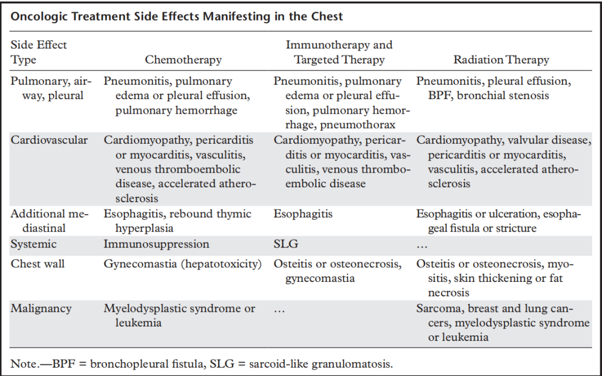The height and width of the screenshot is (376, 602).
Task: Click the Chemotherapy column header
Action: click(x=183, y=60)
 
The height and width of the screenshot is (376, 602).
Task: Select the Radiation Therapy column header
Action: click(x=501, y=60)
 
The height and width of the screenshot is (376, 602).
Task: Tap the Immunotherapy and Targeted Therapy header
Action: click(x=339, y=52)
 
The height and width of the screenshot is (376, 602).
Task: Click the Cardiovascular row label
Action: click(x=49, y=140)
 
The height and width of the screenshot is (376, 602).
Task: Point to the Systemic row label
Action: click(x=33, y=245)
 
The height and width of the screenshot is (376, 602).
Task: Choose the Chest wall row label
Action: click(x=38, y=264)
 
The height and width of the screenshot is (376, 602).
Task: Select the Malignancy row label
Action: click(x=41, y=309)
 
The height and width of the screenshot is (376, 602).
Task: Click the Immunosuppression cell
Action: click(x=156, y=245)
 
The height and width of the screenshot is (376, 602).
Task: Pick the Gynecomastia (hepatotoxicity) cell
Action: click(x=182, y=264)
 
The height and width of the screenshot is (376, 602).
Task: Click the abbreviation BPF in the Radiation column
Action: click(x=440, y=96)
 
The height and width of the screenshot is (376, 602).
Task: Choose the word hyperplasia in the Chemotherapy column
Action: click(x=144, y=229)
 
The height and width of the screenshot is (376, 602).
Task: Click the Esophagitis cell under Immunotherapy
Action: click(x=303, y=214)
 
